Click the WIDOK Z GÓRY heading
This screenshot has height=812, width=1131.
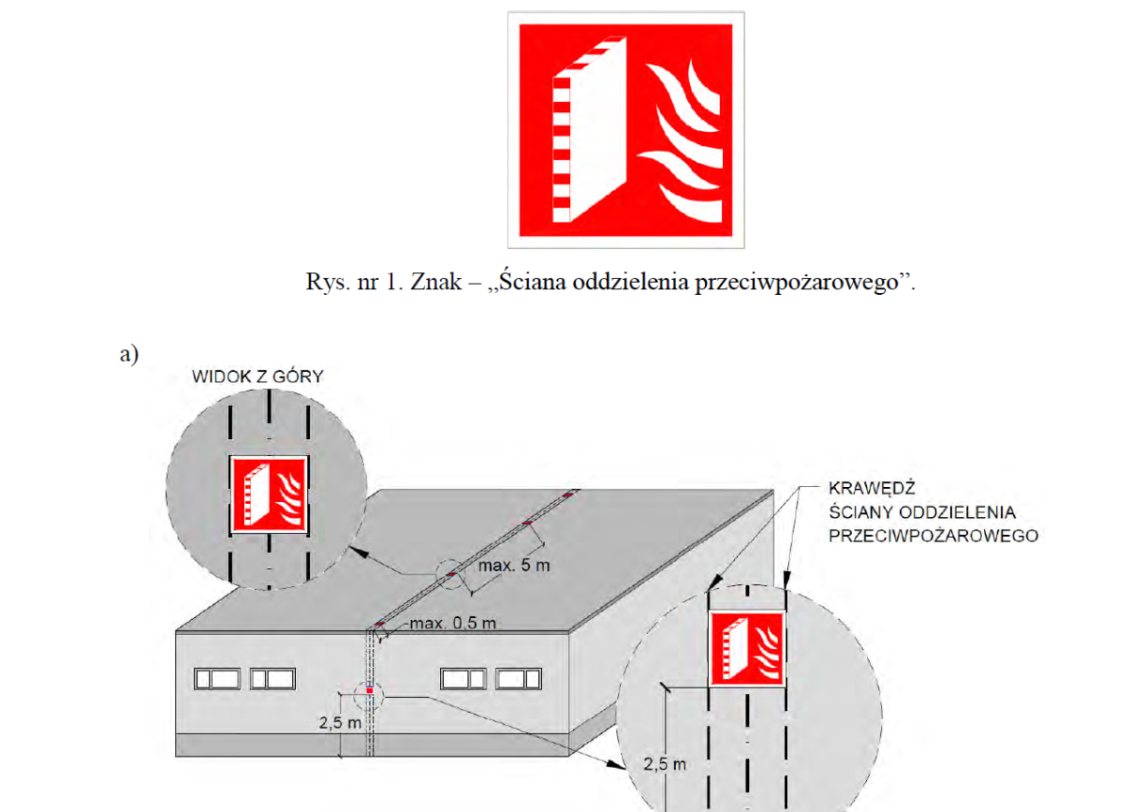pos(258,377)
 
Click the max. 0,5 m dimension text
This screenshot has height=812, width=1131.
pos(453,623)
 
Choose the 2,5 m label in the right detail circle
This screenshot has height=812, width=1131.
pos(665,764)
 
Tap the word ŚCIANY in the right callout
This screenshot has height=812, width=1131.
pos(856,512)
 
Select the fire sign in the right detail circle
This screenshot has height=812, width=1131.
pos(747,649)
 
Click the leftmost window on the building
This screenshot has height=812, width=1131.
pos(217,678)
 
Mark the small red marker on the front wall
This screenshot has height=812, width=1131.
pos(370,690)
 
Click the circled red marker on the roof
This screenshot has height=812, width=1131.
pos(451,575)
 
